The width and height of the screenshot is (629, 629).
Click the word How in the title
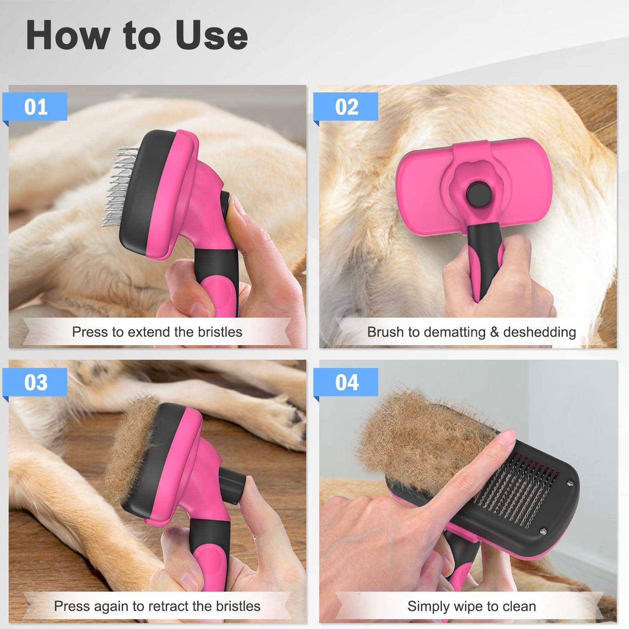67,36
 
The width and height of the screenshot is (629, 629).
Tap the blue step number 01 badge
35,107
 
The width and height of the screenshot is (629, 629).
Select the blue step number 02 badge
346,107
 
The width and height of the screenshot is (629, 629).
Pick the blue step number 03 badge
35,382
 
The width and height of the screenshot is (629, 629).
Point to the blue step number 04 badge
346,382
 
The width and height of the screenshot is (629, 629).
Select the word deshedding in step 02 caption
539,332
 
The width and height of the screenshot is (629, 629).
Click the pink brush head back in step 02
421,189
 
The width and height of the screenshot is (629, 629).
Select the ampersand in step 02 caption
494,332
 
